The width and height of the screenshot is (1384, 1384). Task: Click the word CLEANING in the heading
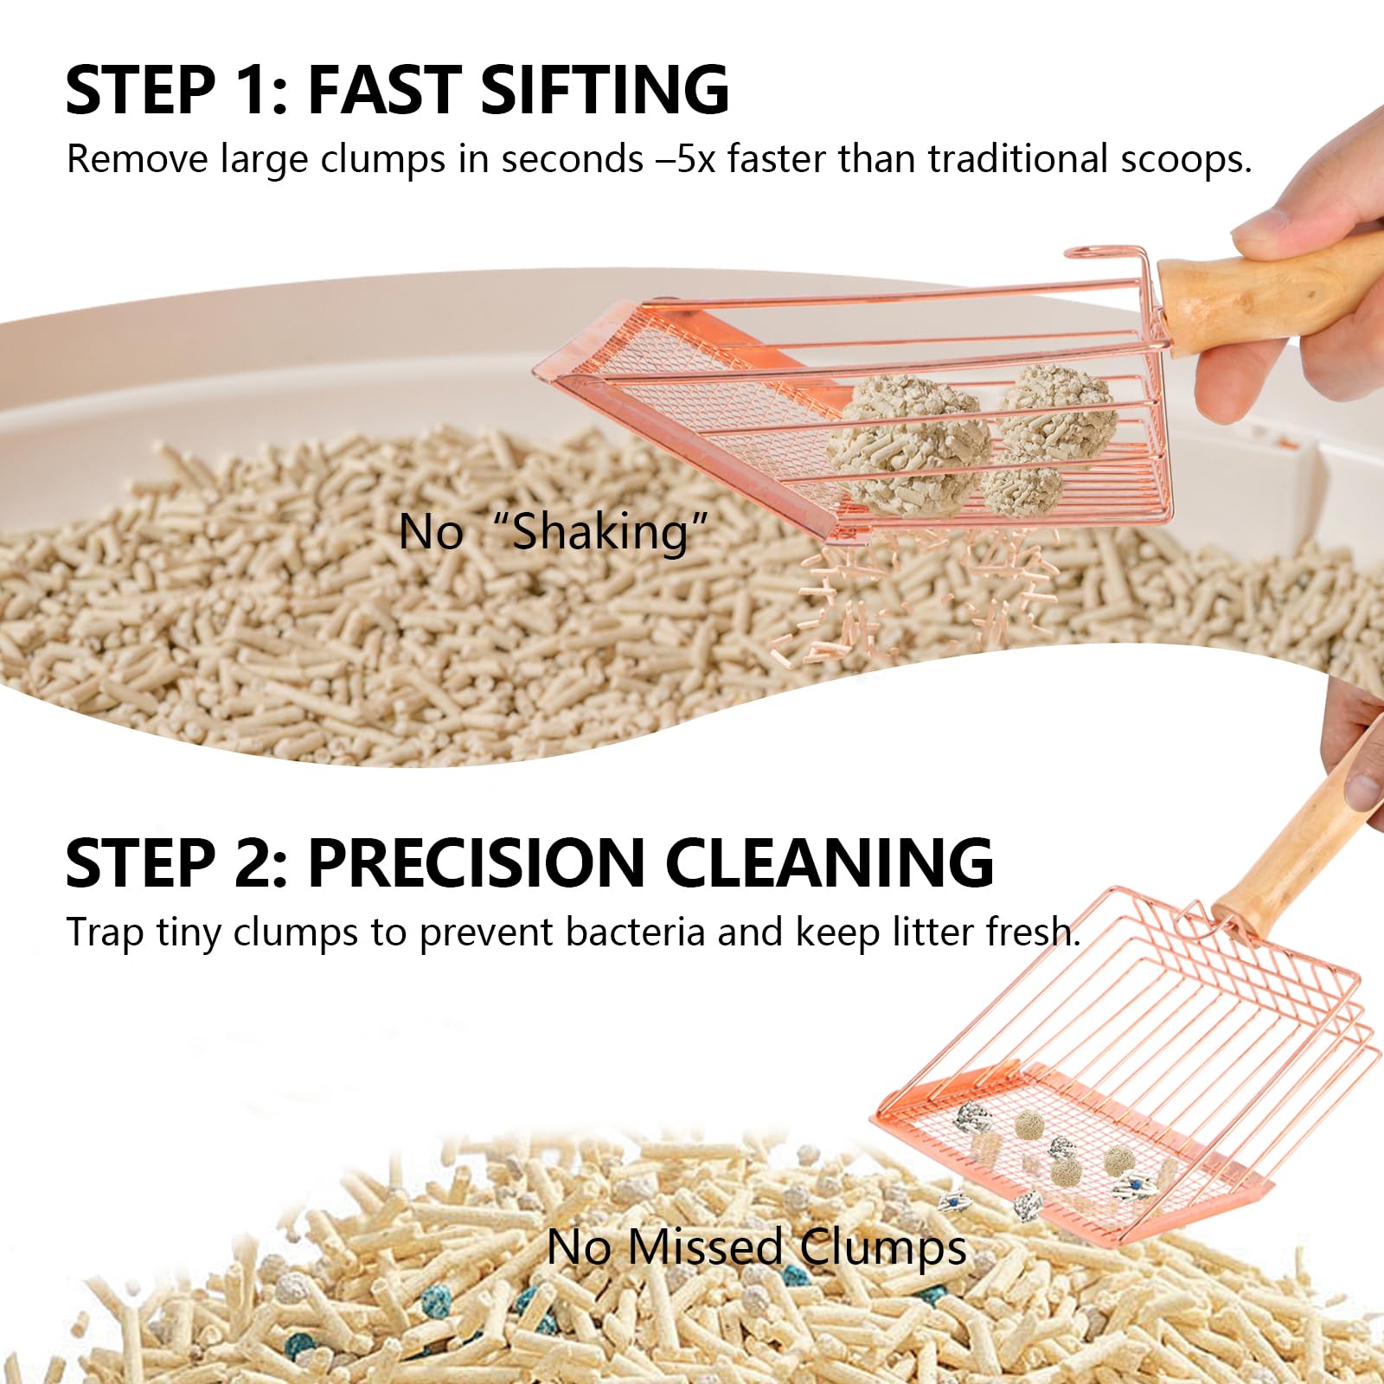pos(829,862)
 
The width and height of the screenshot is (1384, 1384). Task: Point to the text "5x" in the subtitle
pos(695,159)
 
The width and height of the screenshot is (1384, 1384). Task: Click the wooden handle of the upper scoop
pos(1272,294)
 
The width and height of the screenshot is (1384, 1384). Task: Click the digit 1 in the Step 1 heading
pos(254,89)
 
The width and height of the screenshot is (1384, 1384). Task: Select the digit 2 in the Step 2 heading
pos(257,862)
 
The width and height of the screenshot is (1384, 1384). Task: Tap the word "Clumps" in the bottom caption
pos(882,1247)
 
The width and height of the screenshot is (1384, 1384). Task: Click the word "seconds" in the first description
pos(572,159)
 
